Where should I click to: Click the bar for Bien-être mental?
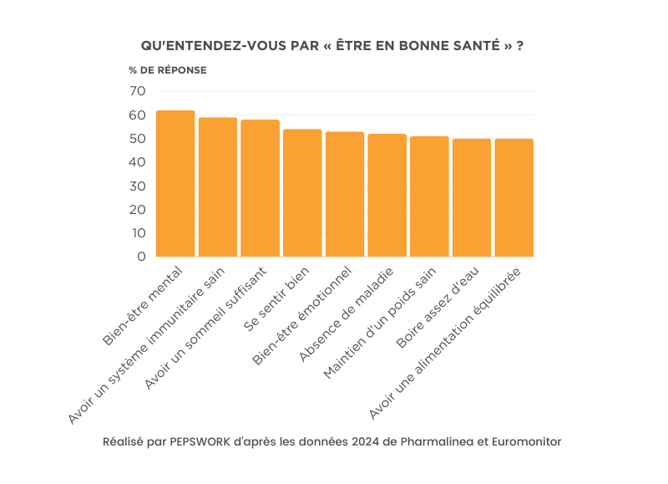pyautogui.click(x=175, y=184)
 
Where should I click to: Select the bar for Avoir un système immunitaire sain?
pyautogui.click(x=218, y=187)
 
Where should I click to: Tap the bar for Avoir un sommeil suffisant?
pyautogui.click(x=261, y=188)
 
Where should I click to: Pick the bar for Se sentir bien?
pyautogui.click(x=302, y=193)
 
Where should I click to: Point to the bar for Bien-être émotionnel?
pyautogui.click(x=345, y=194)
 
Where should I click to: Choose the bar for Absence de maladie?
pyautogui.click(x=387, y=196)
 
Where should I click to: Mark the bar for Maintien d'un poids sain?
pyautogui.click(x=429, y=196)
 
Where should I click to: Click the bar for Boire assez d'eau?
pyautogui.click(x=472, y=198)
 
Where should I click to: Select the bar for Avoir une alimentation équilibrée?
pyautogui.click(x=514, y=198)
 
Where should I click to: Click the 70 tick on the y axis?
pyautogui.click(x=138, y=91)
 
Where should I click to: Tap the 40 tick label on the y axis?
pyautogui.click(x=138, y=162)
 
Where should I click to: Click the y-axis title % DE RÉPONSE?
pyautogui.click(x=168, y=70)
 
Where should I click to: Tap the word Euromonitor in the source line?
pyautogui.click(x=524, y=441)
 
